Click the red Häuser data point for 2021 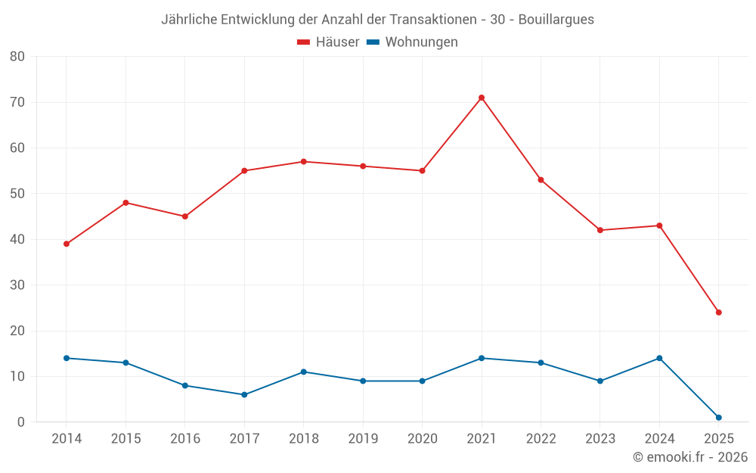[482, 98]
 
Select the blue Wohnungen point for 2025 [719, 418]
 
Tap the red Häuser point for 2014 [67, 244]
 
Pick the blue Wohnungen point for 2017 [244, 394]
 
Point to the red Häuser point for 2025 [719, 313]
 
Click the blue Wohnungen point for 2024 [659, 358]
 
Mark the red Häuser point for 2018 [304, 161]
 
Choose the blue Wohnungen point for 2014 [67, 358]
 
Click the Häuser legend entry [328, 42]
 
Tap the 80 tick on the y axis [17, 57]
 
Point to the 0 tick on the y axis [21, 422]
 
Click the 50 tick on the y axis [17, 194]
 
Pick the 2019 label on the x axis [363, 439]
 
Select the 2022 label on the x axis [541, 439]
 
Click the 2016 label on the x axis [185, 439]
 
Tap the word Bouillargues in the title [556, 20]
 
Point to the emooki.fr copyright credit [689, 457]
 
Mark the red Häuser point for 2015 [125, 203]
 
